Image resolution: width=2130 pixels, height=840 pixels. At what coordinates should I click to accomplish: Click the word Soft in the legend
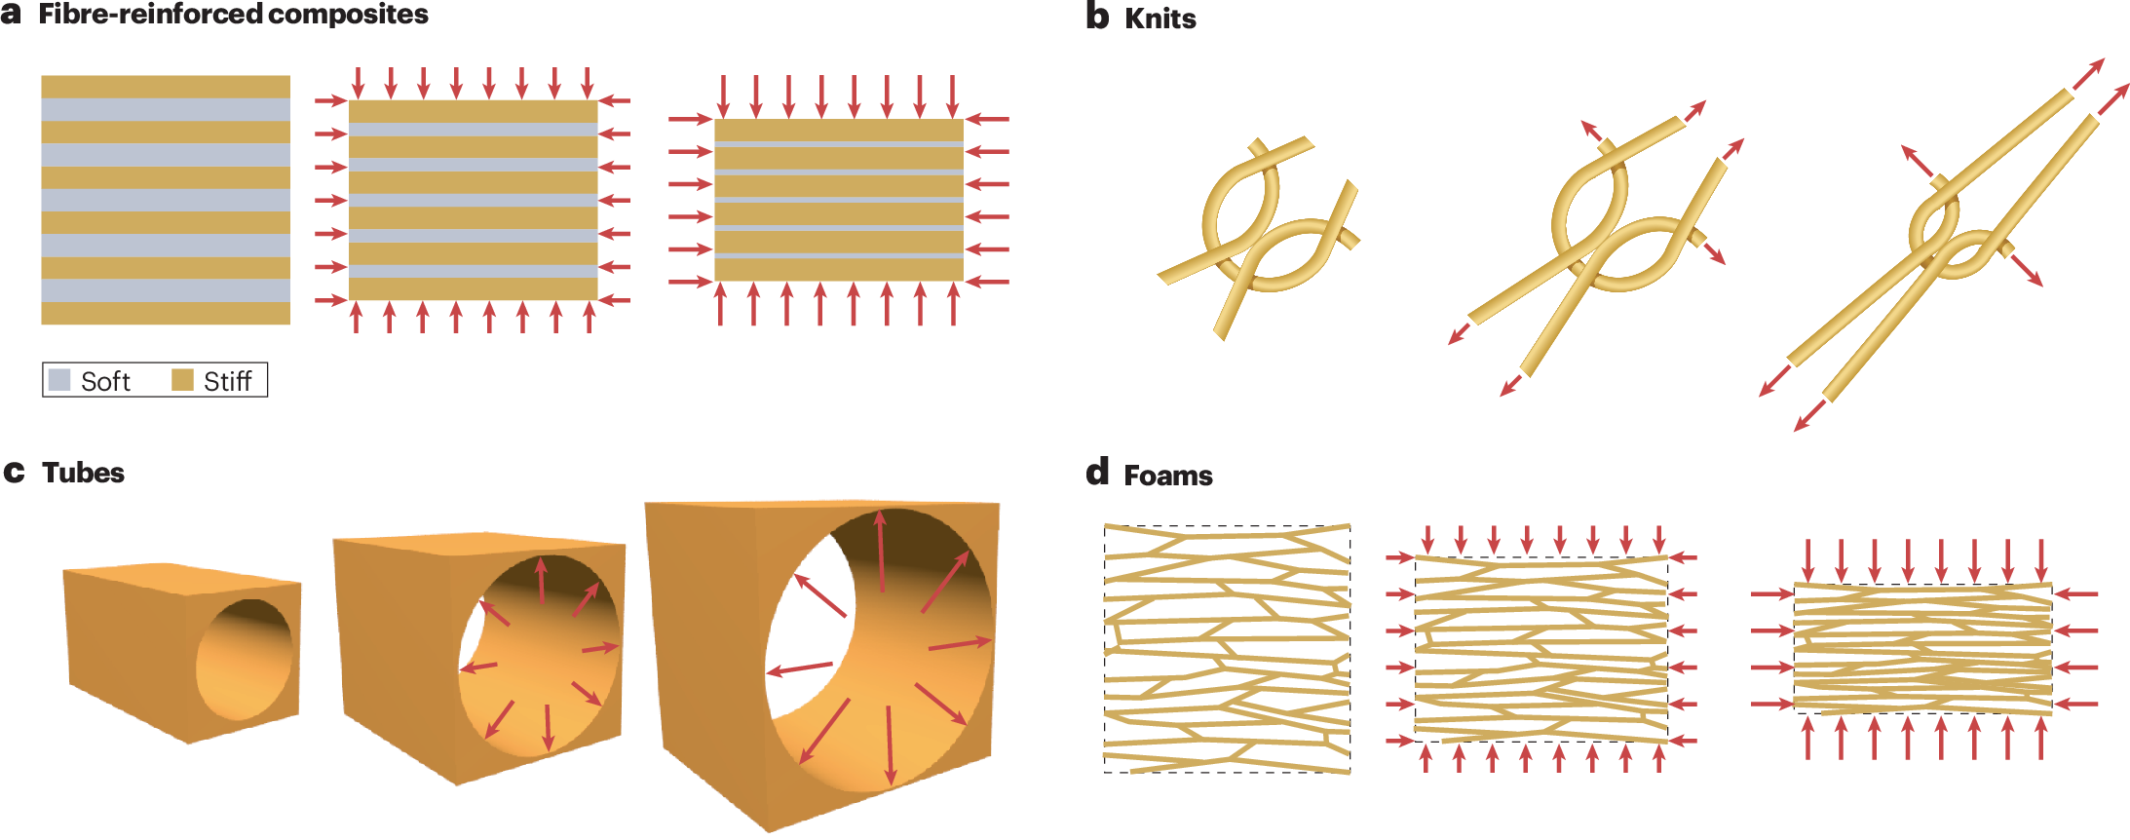click(105, 381)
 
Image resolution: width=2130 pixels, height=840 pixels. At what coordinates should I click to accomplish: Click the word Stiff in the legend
click(227, 381)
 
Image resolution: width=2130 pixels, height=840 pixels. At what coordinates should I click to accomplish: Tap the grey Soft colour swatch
click(59, 380)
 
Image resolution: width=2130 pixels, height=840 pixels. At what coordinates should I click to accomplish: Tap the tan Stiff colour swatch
click(182, 380)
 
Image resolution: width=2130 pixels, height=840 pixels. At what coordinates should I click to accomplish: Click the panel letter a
click(11, 15)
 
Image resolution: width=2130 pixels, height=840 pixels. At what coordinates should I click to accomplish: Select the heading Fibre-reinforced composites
click(233, 15)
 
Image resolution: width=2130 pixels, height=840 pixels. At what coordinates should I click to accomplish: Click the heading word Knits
click(1160, 19)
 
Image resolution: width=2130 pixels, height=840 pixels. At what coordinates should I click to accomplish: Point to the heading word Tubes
click(83, 474)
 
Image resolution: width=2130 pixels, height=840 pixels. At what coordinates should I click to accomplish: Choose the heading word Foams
click(1167, 476)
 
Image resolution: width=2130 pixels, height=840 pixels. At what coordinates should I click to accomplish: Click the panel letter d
click(1097, 473)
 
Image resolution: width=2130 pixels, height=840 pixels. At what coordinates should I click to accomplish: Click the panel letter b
click(1097, 17)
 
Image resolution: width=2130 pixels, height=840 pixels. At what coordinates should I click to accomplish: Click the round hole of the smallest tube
click(244, 660)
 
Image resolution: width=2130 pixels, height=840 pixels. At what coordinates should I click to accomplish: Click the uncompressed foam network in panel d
click(1227, 649)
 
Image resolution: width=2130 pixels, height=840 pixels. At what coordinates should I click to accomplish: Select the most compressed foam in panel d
click(1922, 649)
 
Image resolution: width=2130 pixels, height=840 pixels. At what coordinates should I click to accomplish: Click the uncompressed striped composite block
click(166, 200)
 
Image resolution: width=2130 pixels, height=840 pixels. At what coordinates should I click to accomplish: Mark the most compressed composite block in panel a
click(839, 200)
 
